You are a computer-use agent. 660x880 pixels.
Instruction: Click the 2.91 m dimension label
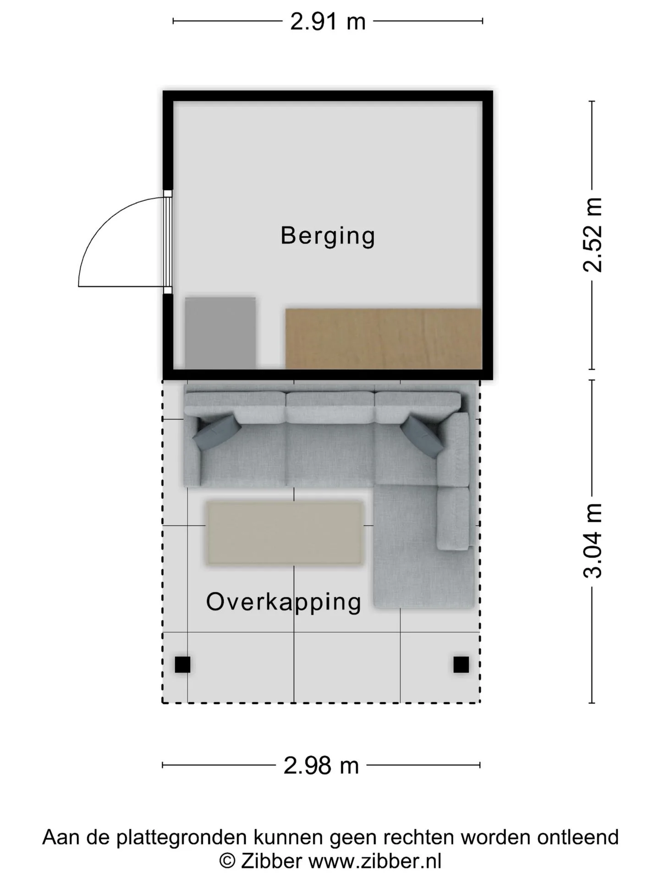click(328, 22)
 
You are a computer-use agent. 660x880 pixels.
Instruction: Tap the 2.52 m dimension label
click(592, 235)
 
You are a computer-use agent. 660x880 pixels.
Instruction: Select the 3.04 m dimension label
click(592, 540)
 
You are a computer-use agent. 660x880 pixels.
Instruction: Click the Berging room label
click(328, 236)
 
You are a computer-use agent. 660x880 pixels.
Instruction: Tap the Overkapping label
click(284, 602)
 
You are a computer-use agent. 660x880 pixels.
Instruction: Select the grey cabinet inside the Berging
click(220, 333)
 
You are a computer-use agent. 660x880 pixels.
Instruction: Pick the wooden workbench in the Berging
click(383, 339)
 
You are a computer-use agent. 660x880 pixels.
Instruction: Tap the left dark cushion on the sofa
click(217, 432)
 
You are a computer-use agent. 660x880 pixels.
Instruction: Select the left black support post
click(182, 665)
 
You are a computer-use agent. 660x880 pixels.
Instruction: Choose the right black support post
click(461, 665)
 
